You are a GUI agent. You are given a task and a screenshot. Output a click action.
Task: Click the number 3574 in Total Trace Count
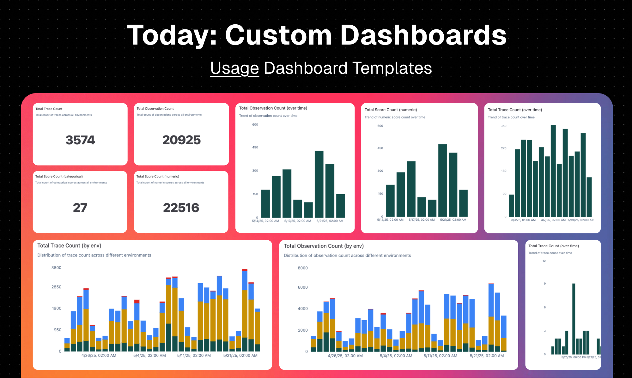(x=80, y=140)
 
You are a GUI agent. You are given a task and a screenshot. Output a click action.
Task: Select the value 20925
(x=181, y=140)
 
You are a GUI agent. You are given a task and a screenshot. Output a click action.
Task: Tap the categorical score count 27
(x=80, y=208)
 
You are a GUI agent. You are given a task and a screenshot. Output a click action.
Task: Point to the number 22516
(x=181, y=208)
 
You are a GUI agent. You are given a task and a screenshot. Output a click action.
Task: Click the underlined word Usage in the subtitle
(x=234, y=68)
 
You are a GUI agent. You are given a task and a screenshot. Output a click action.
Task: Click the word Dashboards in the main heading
(x=423, y=35)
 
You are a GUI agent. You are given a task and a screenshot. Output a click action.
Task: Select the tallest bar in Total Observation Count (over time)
(x=319, y=184)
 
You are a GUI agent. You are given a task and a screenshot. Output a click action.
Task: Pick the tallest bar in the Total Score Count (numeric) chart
(x=442, y=180)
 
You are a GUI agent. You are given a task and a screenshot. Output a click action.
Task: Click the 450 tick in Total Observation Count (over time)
(x=255, y=147)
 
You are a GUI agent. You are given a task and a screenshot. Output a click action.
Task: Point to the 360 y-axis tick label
(x=503, y=126)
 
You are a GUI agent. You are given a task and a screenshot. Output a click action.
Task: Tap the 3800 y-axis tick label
(x=56, y=268)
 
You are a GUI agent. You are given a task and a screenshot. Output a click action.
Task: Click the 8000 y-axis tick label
(x=302, y=268)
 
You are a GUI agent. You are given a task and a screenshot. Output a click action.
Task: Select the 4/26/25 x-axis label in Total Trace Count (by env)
(x=99, y=356)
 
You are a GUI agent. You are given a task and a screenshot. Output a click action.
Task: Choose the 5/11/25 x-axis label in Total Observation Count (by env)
(x=440, y=356)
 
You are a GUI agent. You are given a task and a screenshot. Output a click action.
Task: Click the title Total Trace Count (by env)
(x=69, y=246)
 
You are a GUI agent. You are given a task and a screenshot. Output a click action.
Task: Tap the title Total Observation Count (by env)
(x=324, y=246)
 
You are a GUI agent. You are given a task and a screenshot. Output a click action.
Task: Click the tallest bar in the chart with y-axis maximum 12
(x=574, y=319)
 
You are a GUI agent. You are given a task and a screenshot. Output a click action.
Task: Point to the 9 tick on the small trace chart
(x=544, y=284)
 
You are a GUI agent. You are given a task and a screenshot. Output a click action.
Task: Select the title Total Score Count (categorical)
(x=59, y=177)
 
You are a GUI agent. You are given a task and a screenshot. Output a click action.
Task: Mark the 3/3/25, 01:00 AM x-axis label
(x=523, y=220)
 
